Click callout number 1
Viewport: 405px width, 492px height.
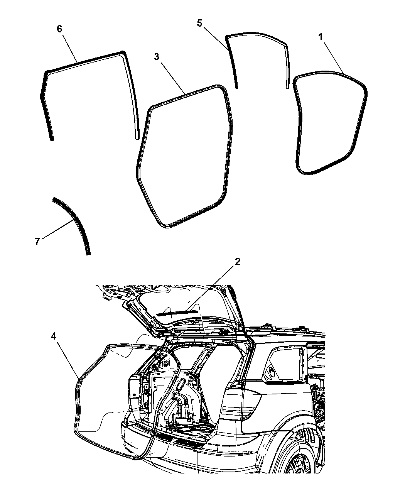tap(321, 37)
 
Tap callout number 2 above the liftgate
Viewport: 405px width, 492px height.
tap(237, 262)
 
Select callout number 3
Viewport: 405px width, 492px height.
tap(157, 57)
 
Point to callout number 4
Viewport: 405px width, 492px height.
tap(54, 336)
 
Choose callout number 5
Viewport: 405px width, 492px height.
tap(199, 23)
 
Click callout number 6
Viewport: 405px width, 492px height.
tap(59, 29)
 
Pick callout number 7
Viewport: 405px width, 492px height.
tap(37, 242)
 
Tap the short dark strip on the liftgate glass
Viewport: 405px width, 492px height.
tap(177, 313)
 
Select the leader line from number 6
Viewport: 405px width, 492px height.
tap(70, 48)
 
